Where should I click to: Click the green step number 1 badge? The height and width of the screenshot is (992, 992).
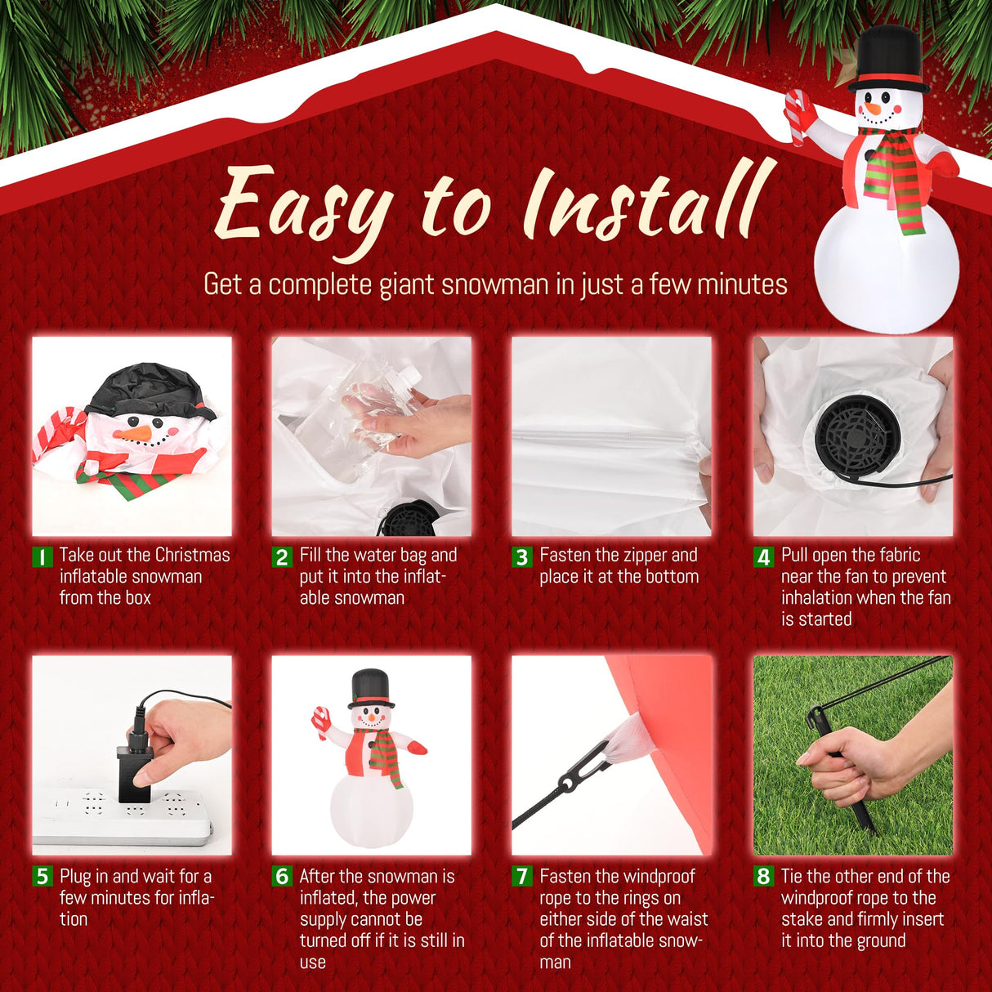click(41, 557)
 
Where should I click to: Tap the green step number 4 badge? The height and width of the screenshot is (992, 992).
click(763, 557)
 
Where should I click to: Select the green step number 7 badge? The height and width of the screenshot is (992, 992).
click(522, 877)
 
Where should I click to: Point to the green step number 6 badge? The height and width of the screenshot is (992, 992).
click(282, 877)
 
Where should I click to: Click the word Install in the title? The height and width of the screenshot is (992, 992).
click(646, 200)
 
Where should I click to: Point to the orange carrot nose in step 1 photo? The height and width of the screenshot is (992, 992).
click(132, 433)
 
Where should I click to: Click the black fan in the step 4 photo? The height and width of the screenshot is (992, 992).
click(858, 437)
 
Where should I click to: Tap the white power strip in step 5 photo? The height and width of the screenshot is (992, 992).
click(123, 817)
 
